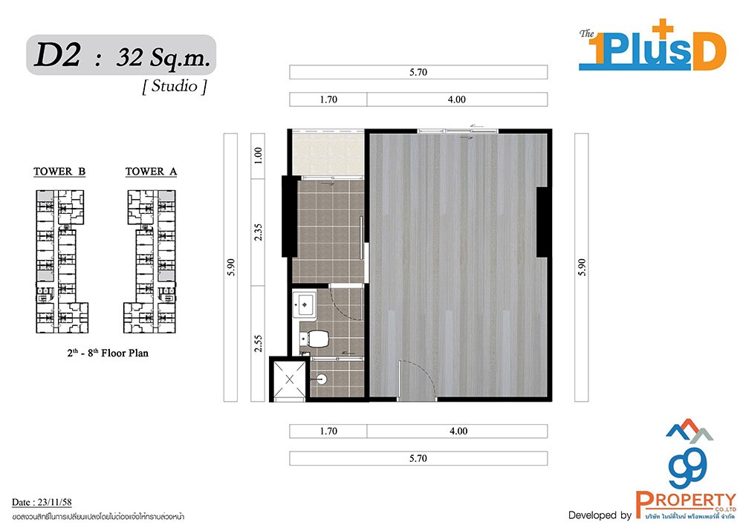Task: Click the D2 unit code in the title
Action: pos(57,55)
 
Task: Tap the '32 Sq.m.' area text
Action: pos(163,58)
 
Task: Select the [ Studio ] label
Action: pos(175,86)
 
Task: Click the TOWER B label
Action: pos(59,172)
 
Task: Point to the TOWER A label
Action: pos(151,172)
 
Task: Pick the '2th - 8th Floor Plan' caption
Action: pos(108,353)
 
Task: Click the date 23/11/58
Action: pos(54,502)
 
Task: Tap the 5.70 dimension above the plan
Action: pos(418,72)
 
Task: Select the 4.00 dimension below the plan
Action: pos(458,431)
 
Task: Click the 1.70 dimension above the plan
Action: pos(328,100)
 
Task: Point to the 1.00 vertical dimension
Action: pos(258,155)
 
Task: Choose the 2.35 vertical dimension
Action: pos(258,232)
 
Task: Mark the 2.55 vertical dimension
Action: pos(258,343)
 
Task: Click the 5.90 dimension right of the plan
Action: pos(582,267)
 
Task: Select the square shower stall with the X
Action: pos(290,379)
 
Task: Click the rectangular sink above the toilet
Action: pos(304,304)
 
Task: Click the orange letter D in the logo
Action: pos(709,51)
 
